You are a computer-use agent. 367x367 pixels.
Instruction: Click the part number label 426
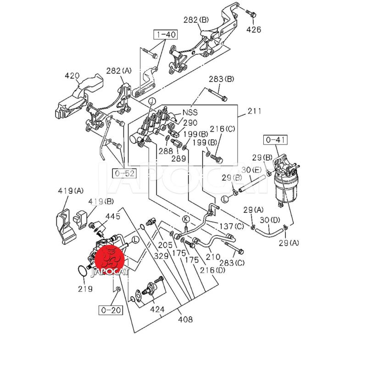pos(254,30)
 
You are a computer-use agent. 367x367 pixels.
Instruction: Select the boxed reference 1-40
pos(164,35)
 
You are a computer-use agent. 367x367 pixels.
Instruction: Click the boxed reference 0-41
pos(274,139)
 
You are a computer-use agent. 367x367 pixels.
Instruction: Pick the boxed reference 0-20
pos(110,310)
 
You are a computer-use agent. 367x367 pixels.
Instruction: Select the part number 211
pos(254,111)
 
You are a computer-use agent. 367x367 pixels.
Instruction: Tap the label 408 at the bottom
pos(185,319)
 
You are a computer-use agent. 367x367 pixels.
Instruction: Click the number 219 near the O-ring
pos(85,289)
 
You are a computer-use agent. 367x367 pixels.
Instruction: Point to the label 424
pos(157,310)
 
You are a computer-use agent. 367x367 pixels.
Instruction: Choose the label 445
pos(113,216)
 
